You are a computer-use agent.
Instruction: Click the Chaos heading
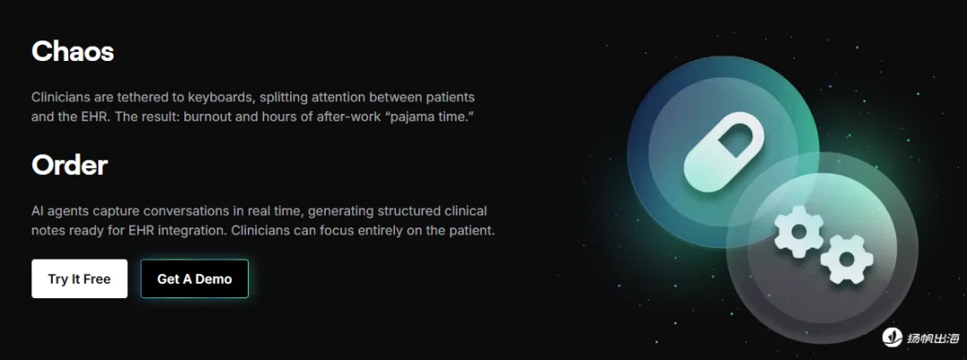click(73, 52)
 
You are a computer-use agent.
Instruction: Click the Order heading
click(70, 165)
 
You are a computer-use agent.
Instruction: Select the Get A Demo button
click(194, 279)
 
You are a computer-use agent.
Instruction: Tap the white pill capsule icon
click(724, 151)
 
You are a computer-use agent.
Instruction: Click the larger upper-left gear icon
click(799, 232)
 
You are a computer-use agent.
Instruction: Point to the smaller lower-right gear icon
click(846, 259)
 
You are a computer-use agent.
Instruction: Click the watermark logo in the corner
click(893, 338)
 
